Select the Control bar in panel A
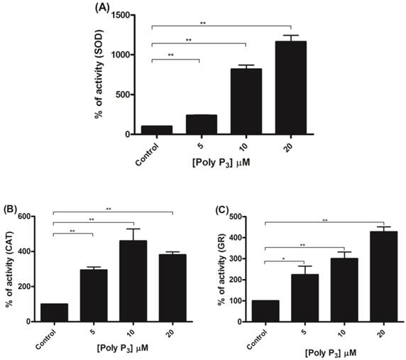click(153, 130)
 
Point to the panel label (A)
click(101, 8)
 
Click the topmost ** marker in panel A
click(203, 23)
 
